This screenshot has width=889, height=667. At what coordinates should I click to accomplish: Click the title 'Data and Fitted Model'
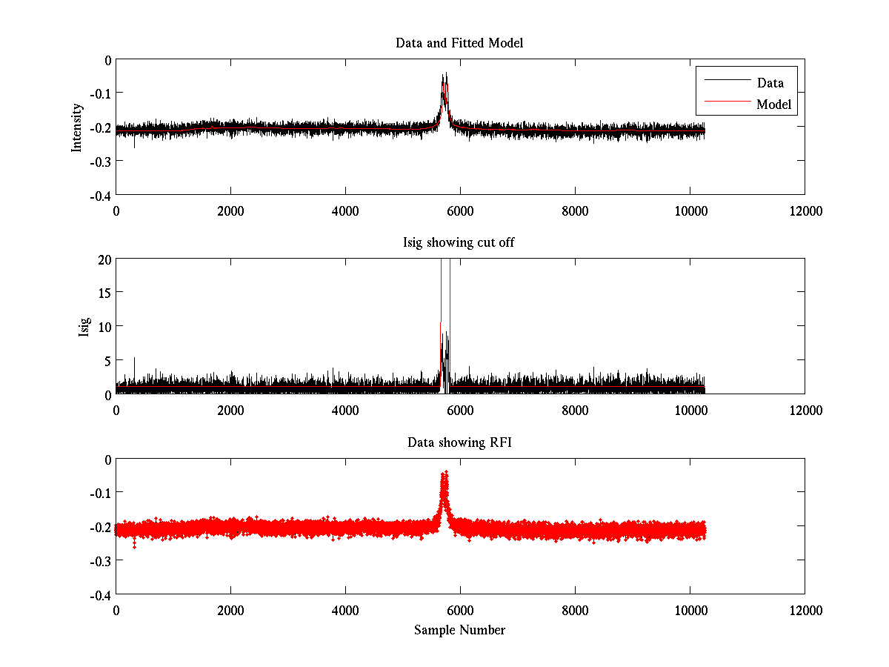459,43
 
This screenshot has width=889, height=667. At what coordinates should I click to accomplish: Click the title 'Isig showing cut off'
459,243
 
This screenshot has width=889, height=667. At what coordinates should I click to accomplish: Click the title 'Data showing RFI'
459,442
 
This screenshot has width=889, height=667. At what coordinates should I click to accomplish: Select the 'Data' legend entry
770,83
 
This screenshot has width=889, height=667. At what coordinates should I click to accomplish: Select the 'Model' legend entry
774,104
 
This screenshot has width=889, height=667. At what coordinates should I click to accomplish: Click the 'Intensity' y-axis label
76,127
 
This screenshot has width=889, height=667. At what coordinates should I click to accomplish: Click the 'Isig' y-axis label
84,327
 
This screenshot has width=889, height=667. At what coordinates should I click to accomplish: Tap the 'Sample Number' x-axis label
459,630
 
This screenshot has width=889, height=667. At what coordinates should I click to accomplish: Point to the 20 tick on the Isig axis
104,259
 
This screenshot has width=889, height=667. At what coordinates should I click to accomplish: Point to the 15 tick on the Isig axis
104,293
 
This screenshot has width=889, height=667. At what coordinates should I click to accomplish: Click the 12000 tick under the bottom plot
805,610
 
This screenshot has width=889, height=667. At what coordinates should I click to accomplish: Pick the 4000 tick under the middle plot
345,410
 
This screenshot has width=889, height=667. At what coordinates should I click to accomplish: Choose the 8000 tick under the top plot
575,211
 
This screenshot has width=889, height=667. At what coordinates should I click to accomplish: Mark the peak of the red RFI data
444,473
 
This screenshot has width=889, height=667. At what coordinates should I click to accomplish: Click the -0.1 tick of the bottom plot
100,493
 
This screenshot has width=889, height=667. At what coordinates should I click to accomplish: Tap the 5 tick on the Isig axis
107,361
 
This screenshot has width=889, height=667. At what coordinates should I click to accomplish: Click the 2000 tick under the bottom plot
230,610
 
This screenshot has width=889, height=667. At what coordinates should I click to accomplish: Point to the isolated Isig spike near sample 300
134,359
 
